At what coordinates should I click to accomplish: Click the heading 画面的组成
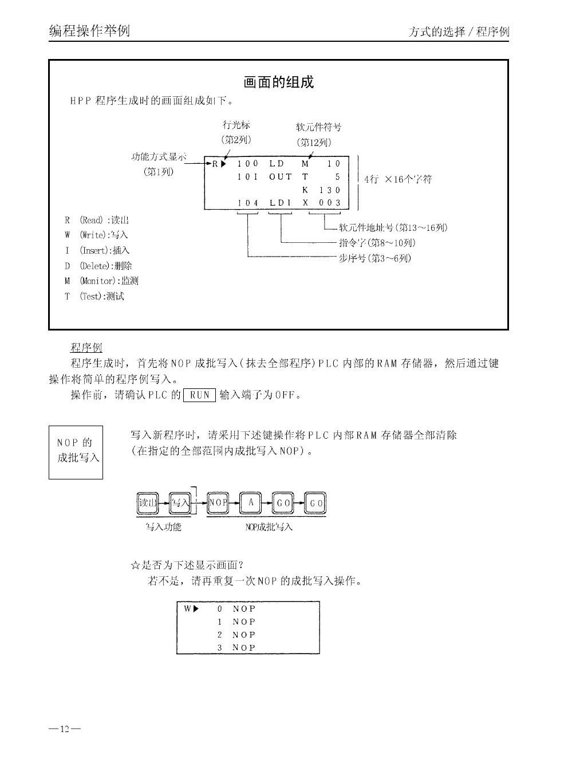click(279, 82)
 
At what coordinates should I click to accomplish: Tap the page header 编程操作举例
click(89, 30)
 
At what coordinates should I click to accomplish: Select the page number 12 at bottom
click(64, 729)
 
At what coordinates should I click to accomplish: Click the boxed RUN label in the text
click(199, 395)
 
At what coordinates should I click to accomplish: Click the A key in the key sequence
click(250, 503)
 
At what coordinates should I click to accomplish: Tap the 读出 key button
click(148, 503)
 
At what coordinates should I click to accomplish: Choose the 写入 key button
click(180, 503)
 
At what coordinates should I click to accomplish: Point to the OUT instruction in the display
click(281, 177)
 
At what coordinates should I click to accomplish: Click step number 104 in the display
click(248, 203)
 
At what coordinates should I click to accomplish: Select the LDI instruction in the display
click(281, 203)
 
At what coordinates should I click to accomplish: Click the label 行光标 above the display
click(236, 125)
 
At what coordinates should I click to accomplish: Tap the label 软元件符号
click(318, 127)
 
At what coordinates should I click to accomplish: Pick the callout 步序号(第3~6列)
click(375, 258)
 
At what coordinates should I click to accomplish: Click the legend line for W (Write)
click(96, 235)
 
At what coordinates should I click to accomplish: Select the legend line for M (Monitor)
click(101, 281)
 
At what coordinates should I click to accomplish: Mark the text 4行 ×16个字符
click(398, 179)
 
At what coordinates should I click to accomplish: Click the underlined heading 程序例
click(86, 348)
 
